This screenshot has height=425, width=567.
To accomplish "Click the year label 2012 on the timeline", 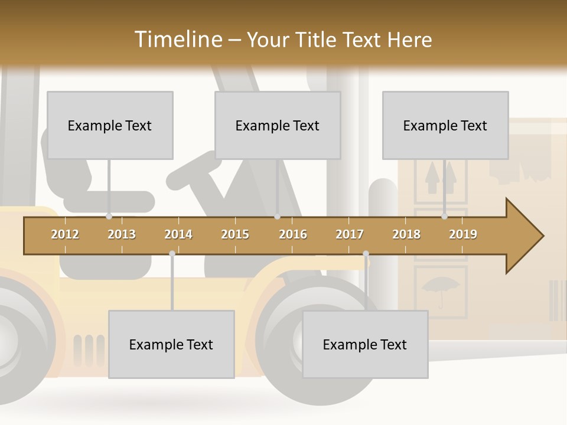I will pos(65,234).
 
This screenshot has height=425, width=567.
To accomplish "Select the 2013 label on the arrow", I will pos(122,234).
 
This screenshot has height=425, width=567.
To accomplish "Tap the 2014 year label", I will pos(178,234).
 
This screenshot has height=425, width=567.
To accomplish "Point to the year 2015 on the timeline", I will pos(235,234).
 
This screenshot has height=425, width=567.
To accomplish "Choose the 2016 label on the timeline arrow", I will pos(293,234).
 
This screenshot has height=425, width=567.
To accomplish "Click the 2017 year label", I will pos(350,234).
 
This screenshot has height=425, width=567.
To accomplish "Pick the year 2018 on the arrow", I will pos(406,234).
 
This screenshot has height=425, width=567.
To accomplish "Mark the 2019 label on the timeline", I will pos(463,234).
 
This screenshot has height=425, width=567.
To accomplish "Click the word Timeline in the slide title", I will pos(177,40).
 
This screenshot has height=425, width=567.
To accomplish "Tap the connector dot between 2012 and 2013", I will pos(109,217).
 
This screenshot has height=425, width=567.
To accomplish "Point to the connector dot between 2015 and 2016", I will pos(277,217).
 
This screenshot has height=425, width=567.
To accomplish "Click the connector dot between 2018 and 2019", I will pos(444,217).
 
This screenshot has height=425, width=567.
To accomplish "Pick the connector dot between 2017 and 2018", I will pos(366,254).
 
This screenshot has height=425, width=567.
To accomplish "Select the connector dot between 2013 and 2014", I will pos(172,254).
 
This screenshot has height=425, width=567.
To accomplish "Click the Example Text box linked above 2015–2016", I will pos(278,125).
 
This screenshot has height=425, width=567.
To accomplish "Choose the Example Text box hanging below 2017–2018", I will pos(365,344).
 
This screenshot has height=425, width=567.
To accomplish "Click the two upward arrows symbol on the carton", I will pos(441,175).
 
